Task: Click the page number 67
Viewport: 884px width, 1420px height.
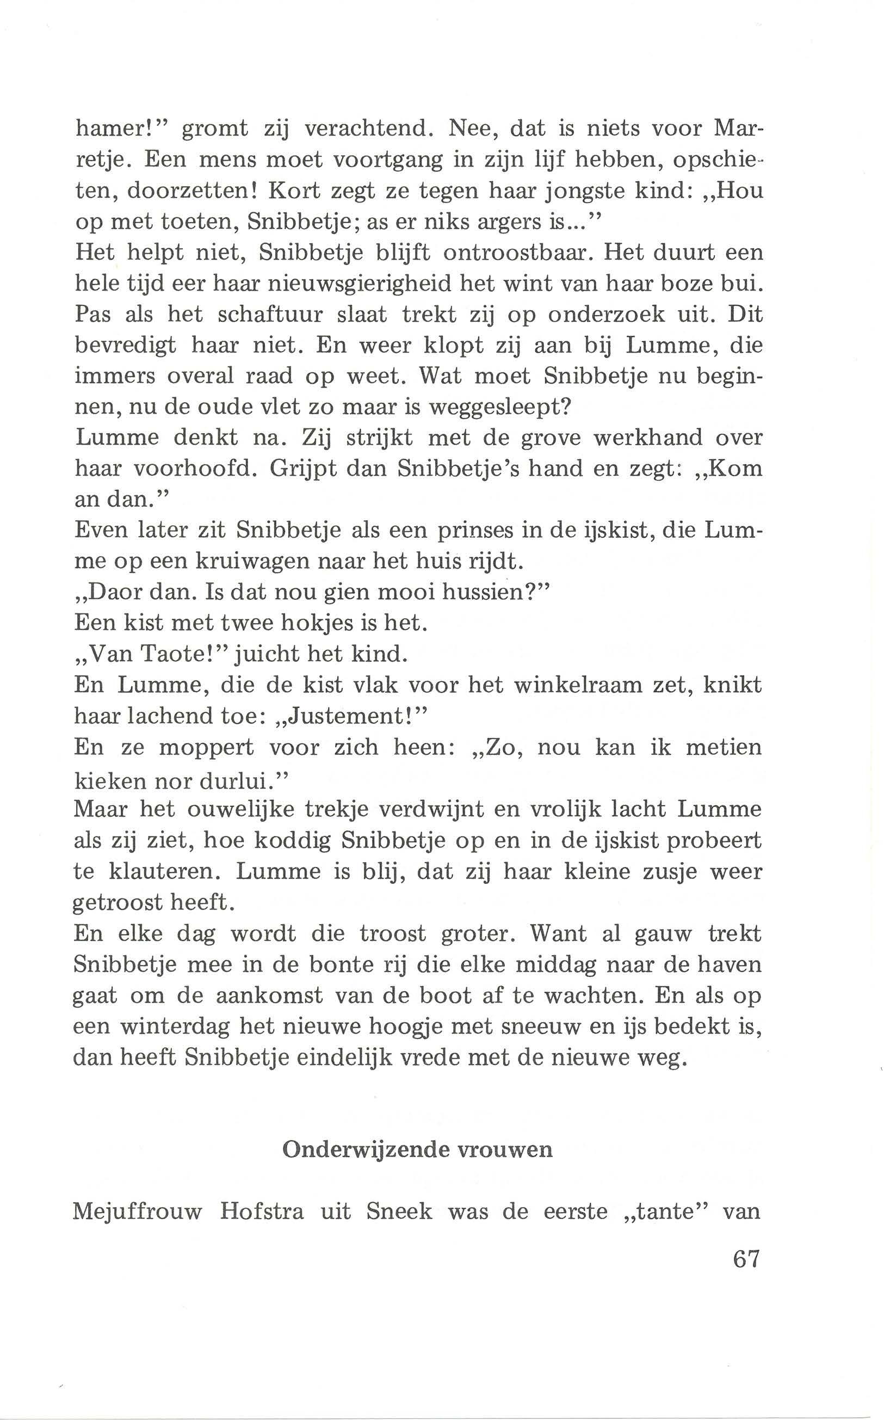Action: coord(745,1256)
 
